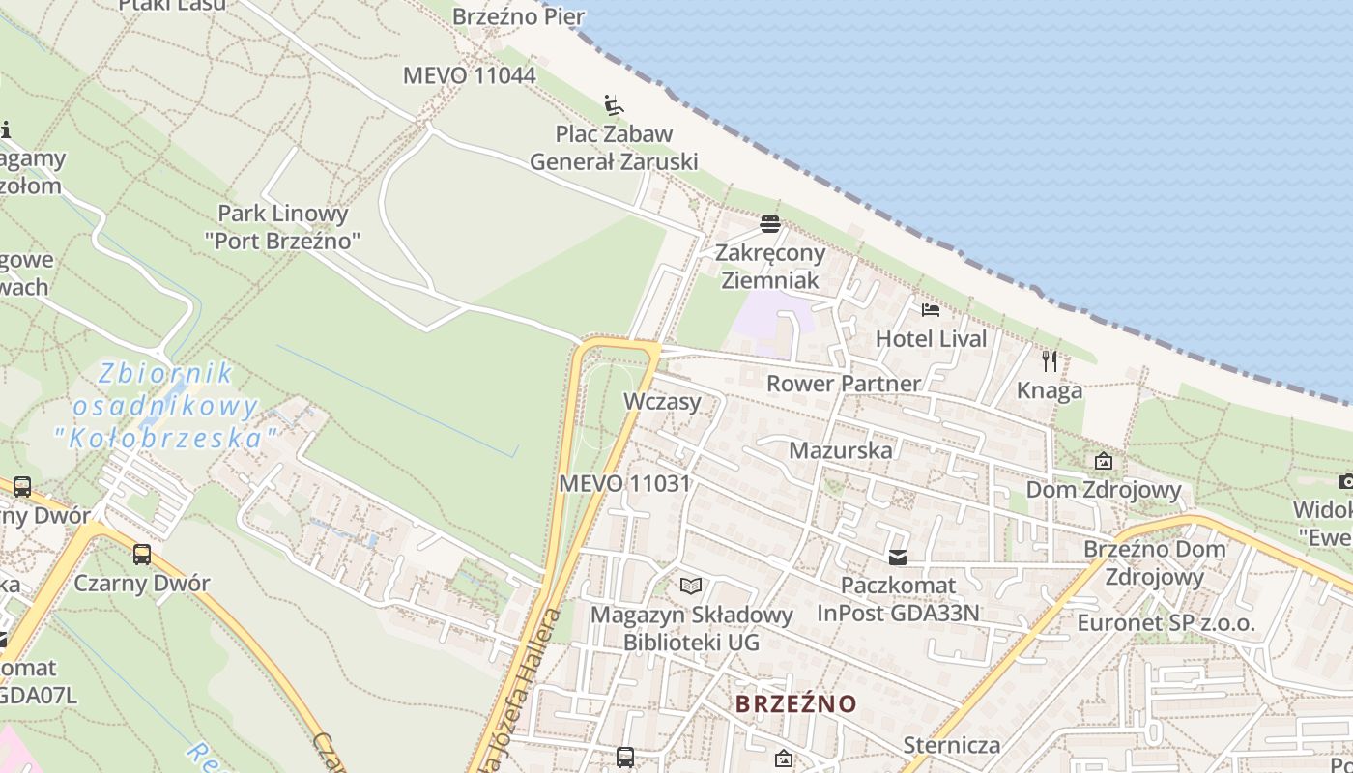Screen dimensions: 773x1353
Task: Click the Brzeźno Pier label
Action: (518, 16)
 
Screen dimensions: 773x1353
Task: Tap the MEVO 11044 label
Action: (469, 75)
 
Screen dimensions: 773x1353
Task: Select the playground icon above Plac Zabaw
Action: (613, 104)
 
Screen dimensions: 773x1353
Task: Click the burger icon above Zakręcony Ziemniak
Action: (770, 224)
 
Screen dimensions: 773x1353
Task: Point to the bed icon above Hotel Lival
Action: (931, 310)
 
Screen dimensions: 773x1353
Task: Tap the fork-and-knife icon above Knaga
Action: (1050, 361)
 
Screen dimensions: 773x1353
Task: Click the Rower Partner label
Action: (844, 384)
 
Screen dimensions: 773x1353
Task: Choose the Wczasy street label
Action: (662, 401)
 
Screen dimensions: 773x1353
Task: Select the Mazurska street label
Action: (841, 450)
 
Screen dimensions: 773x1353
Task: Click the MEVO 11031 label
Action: (624, 483)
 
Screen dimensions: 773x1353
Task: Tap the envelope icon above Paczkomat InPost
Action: (898, 557)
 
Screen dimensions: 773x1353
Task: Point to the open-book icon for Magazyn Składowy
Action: (690, 586)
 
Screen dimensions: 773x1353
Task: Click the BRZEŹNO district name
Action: (795, 703)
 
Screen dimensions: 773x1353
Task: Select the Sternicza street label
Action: (951, 745)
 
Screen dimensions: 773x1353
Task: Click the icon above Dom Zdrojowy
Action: (1103, 461)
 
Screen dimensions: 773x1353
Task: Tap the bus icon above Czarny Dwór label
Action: (142, 555)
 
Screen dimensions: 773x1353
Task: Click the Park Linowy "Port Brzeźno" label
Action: (282, 226)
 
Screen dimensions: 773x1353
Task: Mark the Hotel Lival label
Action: (931, 339)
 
